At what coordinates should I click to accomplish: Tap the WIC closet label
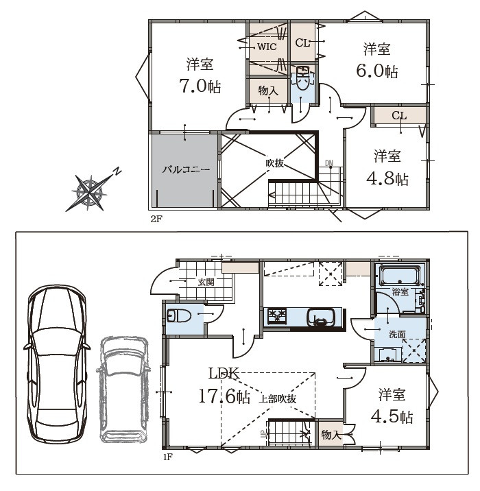coord(267,47)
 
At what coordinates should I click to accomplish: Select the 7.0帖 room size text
coord(200,86)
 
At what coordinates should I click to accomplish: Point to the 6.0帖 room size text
coord(377,71)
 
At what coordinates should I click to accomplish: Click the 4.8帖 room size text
coord(387,179)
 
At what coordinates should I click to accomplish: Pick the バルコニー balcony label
coord(186,170)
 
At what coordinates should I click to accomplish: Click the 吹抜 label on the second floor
coord(274,163)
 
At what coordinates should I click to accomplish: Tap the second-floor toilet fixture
coord(303,79)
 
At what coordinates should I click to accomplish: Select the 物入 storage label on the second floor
coord(268,91)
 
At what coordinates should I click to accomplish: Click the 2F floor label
coord(156,219)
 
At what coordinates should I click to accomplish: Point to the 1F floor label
coord(167,457)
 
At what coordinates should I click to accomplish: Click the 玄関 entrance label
coord(206,282)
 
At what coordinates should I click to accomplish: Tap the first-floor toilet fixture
coord(179,315)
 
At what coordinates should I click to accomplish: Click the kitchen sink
coord(321,318)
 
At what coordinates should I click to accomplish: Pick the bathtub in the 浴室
coord(400,275)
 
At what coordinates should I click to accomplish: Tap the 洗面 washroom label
coord(397,334)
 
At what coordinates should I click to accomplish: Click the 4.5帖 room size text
coord(392,416)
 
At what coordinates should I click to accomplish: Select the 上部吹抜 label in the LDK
coord(278,399)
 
